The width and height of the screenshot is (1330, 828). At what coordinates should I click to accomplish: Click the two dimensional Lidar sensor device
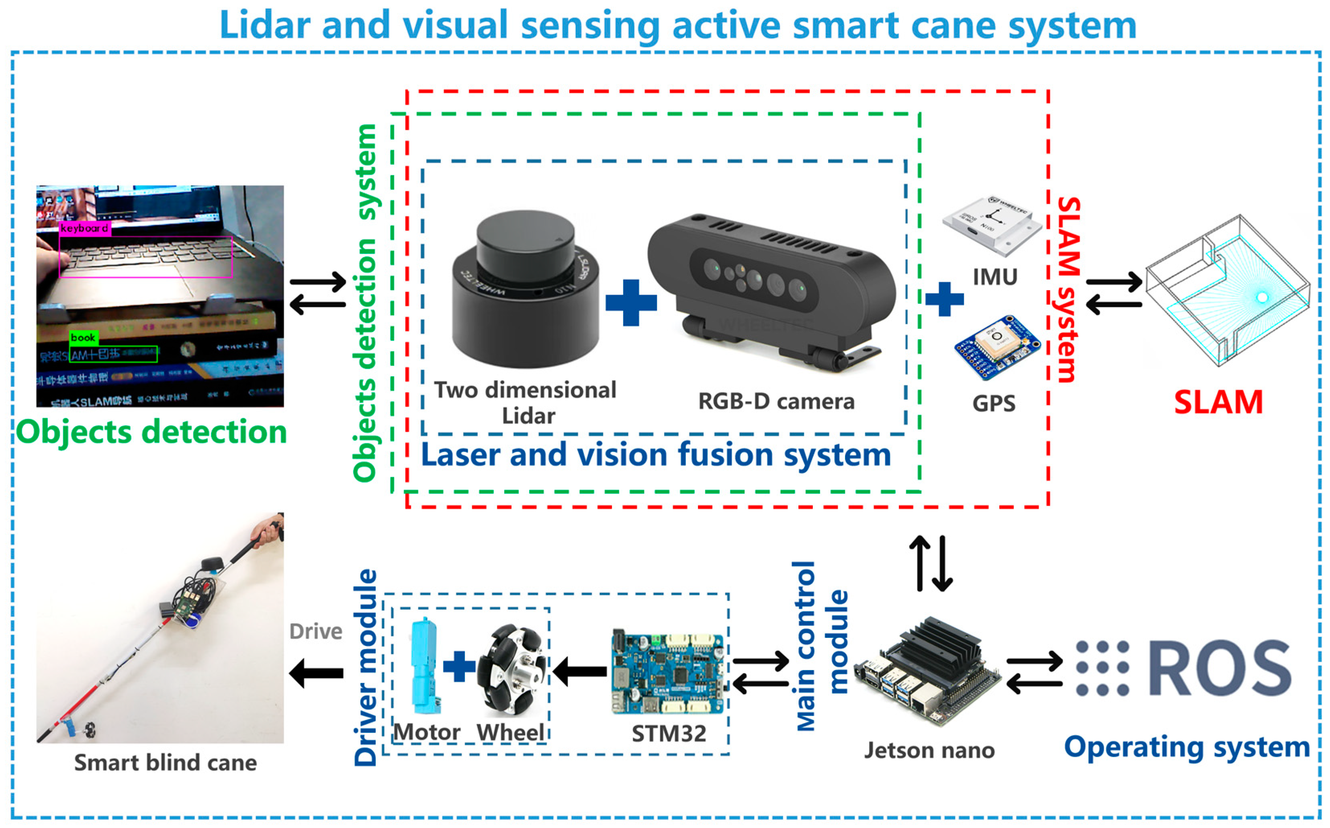pos(526,290)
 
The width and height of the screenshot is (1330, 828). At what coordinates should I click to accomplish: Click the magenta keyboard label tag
pos(85,228)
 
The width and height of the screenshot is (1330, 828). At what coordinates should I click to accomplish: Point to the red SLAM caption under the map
pos(1218,402)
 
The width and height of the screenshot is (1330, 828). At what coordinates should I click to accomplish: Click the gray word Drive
pos(315,631)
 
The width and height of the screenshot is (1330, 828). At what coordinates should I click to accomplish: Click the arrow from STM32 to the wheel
pos(580,671)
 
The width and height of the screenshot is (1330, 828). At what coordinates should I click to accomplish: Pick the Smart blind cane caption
pos(165,763)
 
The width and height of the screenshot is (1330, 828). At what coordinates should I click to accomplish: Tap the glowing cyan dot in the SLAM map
pos(1262,297)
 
